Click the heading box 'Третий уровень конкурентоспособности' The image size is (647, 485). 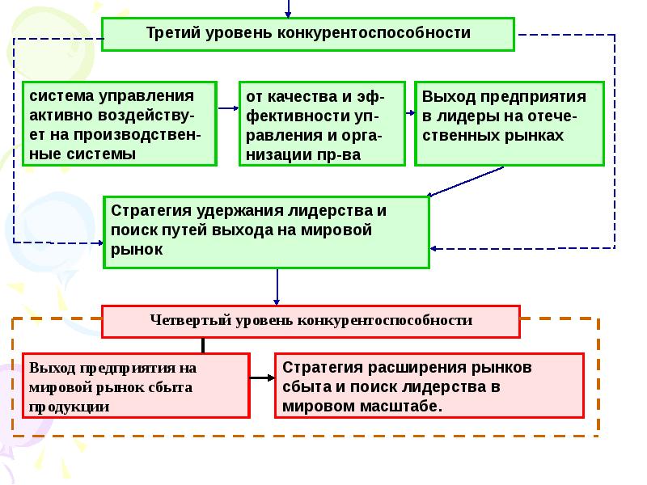click(307, 33)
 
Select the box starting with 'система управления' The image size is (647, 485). click(120, 124)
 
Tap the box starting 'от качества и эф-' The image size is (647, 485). click(321, 124)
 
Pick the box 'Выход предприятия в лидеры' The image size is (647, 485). click(510, 124)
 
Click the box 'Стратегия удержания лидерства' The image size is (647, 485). click(266, 231)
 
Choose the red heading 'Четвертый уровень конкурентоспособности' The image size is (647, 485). click(311, 321)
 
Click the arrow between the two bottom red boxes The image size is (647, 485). click(261, 378)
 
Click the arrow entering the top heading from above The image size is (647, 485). click(287, 8)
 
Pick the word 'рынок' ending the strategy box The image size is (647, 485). click(137, 251)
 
